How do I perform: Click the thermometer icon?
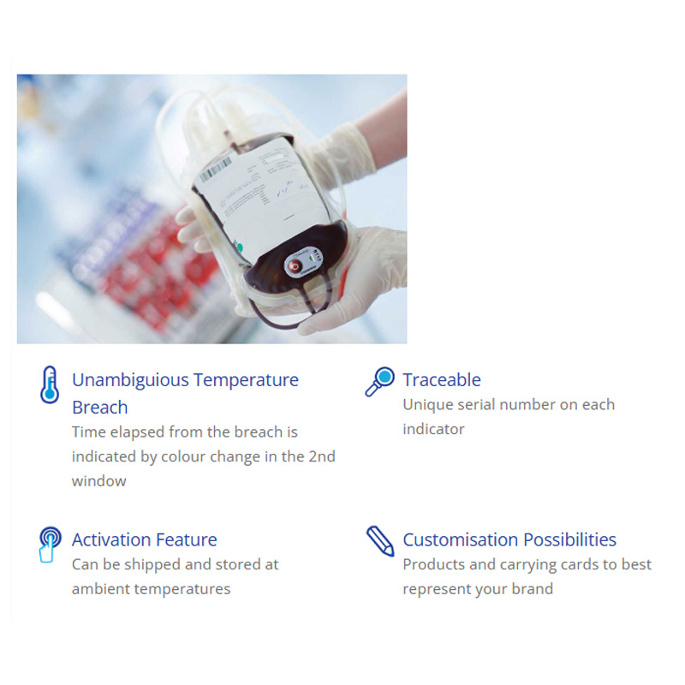(x=50, y=384)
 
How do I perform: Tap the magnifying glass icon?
(x=379, y=381)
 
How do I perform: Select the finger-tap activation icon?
(x=50, y=544)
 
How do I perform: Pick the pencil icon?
(x=380, y=541)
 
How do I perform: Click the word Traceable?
(x=442, y=379)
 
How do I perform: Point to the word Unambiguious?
(x=130, y=380)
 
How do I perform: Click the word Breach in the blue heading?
(x=100, y=408)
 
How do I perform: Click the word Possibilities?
(x=569, y=539)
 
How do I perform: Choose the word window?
(x=98, y=481)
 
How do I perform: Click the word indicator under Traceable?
(x=433, y=429)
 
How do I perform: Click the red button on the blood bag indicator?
(x=295, y=266)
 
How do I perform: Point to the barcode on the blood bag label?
(x=216, y=170)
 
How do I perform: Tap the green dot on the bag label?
(x=239, y=247)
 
